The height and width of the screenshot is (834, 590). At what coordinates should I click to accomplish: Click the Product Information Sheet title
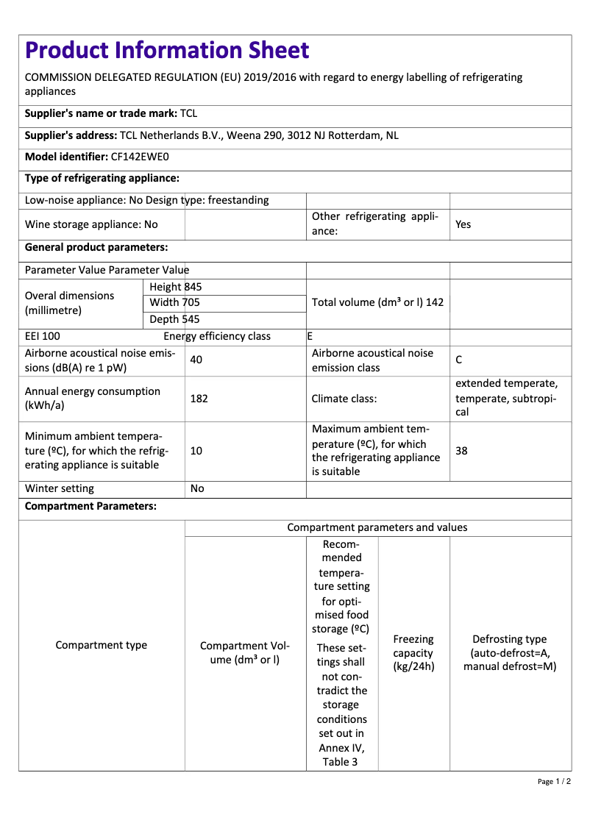167,51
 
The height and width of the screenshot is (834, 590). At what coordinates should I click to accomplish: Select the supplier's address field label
71,135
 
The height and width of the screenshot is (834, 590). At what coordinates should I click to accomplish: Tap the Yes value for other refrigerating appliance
463,224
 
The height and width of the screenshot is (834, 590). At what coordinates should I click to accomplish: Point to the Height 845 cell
175,287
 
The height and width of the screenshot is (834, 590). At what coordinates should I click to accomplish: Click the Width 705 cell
174,303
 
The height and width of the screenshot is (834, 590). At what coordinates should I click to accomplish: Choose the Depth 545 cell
174,319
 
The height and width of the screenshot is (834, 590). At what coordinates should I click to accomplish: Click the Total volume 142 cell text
377,302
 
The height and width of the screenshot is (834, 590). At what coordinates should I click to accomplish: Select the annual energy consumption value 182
199,399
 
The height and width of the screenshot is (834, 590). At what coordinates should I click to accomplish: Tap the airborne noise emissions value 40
196,360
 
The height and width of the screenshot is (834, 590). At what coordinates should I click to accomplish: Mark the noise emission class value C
459,360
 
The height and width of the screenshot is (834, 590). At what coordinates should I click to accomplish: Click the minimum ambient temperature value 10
196,451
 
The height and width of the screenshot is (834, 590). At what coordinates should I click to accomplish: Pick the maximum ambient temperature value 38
461,451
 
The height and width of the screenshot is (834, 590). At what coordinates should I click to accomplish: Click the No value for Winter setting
197,488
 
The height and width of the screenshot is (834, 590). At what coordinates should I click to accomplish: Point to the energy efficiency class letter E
310,336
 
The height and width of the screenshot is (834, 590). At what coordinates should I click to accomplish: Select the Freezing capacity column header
413,653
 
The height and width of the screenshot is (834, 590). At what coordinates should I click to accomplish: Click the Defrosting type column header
510,653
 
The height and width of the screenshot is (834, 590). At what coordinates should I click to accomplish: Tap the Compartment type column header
102,645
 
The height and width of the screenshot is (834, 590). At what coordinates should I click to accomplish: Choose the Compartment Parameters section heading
90,507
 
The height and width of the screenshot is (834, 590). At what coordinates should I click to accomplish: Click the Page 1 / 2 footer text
554,781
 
